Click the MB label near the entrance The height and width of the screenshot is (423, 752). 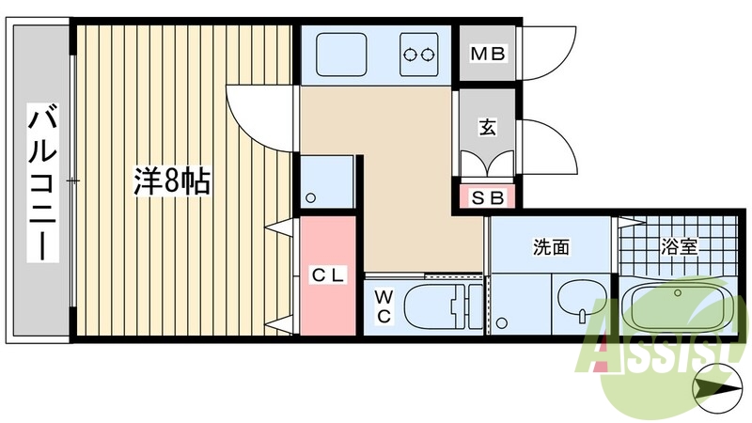489,54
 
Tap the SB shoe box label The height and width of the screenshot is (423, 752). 487,198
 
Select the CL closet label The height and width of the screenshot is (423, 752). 328,274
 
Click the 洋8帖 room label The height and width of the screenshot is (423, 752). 171,182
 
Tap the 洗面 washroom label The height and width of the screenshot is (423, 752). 552,248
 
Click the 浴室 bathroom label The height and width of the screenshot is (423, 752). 679,248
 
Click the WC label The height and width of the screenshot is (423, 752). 384,306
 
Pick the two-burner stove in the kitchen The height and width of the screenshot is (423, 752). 419,55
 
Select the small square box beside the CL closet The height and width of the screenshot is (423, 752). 327,184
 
